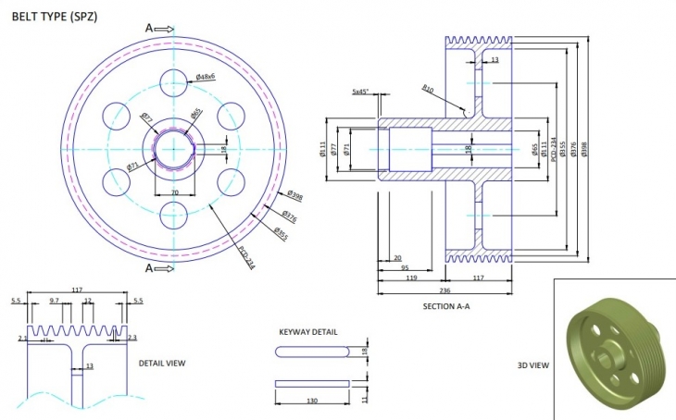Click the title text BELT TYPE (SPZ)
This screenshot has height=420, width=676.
point(54,16)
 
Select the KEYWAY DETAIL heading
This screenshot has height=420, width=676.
point(308,331)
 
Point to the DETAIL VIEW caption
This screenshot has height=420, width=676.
point(162,364)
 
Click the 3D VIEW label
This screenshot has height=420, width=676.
point(533,365)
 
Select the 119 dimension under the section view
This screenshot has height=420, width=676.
point(411,277)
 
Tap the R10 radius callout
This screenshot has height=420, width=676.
point(428,89)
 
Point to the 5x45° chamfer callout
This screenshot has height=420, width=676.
point(361,92)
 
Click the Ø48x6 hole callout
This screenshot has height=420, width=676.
point(206,77)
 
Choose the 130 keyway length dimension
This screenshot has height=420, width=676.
point(312,401)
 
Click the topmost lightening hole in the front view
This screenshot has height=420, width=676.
point(173,82)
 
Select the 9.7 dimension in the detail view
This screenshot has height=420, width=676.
point(54,302)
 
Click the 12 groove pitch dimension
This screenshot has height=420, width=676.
point(88,302)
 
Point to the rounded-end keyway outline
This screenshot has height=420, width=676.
point(312,352)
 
